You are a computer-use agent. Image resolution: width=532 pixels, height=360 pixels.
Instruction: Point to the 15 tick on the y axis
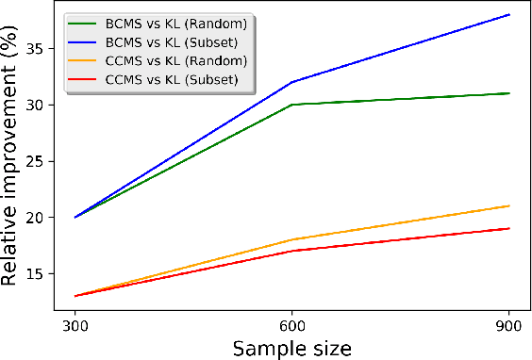click(39, 273)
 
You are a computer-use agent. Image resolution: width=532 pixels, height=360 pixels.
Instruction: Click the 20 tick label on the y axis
click(39, 217)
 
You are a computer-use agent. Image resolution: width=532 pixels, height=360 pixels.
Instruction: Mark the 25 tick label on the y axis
click(39, 160)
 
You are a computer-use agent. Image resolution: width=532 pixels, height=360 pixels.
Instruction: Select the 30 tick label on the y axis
click(39, 104)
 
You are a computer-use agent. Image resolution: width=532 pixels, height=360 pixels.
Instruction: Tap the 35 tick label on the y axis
click(39, 47)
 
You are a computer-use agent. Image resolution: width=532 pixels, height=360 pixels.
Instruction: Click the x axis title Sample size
click(291, 347)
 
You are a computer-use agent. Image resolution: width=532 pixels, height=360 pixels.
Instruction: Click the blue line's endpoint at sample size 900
click(509, 14)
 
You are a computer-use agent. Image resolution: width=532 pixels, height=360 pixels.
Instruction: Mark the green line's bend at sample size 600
click(292, 105)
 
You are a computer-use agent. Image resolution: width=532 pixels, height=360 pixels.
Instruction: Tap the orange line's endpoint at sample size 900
click(509, 205)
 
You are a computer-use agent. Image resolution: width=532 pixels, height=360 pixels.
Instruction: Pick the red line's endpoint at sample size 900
click(509, 228)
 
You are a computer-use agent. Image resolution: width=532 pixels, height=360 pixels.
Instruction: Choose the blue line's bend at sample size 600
click(292, 82)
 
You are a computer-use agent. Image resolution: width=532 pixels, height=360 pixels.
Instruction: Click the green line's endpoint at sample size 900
click(509, 93)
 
